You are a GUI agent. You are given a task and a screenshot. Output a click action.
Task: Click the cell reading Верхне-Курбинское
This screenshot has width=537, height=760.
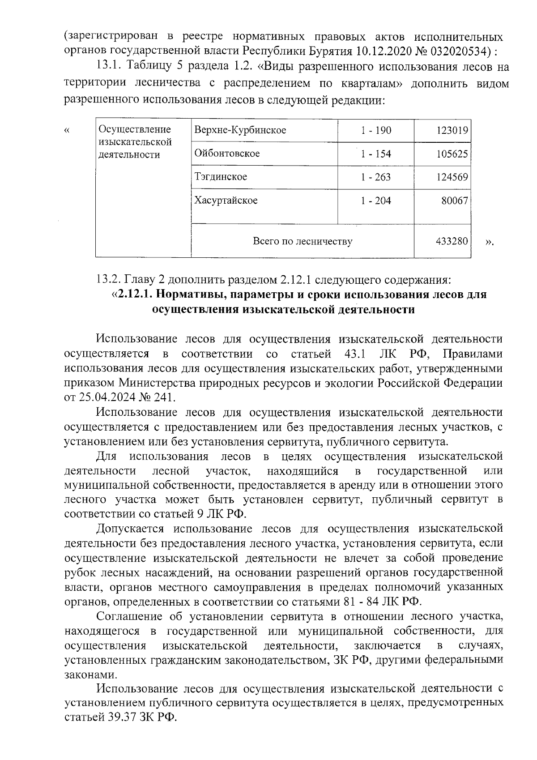coord(240,131)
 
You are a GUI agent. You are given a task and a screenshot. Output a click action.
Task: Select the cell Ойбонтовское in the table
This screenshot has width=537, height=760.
coord(227,154)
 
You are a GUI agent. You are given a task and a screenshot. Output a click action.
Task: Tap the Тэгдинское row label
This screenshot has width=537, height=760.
coord(221,177)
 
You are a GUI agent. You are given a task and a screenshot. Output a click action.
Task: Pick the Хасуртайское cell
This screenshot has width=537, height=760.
coord(226,201)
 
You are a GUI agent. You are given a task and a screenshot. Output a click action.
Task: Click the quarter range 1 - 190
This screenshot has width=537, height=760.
coord(376,131)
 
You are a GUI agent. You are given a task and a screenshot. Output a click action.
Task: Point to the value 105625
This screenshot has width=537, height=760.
coord(452,154)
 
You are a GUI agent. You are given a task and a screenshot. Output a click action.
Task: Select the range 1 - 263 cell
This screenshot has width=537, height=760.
coord(376,177)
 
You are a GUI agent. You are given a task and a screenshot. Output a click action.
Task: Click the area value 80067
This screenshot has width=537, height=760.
coord(455,201)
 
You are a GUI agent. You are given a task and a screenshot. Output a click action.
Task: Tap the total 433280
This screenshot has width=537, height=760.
coord(452,242)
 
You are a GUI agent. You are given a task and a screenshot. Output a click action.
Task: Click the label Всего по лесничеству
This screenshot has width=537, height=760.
coord(303,242)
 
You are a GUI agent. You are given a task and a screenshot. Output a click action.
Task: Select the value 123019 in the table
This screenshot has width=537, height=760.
coord(452,131)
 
